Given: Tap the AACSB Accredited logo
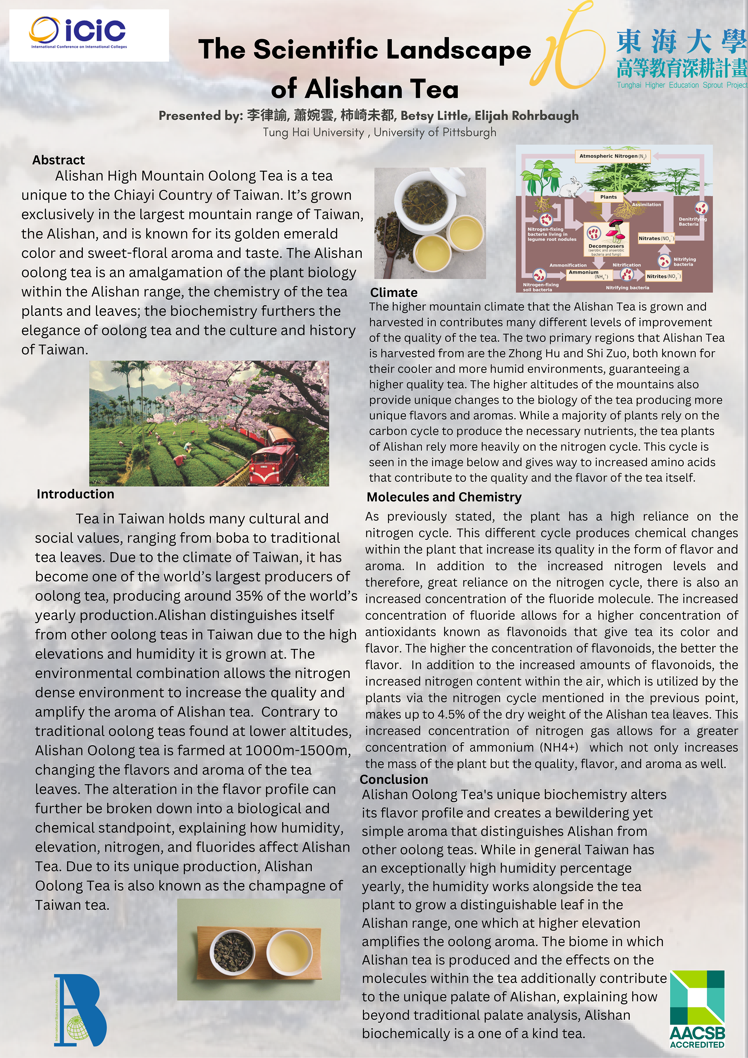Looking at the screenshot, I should tap(696, 1009).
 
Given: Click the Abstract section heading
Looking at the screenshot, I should tap(59, 160).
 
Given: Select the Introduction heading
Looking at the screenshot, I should tap(75, 494).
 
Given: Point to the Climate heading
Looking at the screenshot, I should tap(394, 293).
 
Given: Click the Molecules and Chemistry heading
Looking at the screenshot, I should tap(444, 497).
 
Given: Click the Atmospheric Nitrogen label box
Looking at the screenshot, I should tap(613, 156).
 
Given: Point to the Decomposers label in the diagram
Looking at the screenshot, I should tap(606, 246).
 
